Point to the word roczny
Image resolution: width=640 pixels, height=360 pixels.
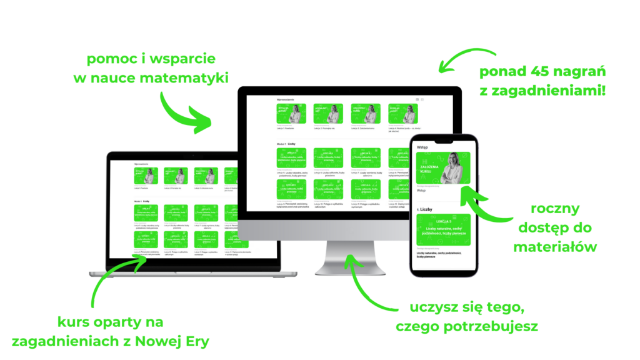click(x=555, y=209)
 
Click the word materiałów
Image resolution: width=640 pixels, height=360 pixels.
click(x=555, y=247)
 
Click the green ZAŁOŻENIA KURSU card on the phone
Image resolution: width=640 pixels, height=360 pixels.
click(x=443, y=167)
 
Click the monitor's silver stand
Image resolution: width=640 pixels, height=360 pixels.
click(x=350, y=259)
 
